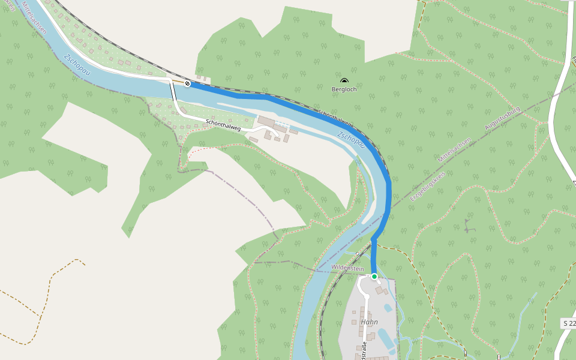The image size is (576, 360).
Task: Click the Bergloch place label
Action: [344, 89]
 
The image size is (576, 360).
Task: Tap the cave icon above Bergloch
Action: [344, 81]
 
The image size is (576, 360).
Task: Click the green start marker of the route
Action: [374, 277]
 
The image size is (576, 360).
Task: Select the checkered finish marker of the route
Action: [188, 83]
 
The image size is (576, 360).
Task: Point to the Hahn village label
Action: [370, 322]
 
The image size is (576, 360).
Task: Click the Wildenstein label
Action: [348, 268]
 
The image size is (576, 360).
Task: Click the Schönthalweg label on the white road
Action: [223, 125]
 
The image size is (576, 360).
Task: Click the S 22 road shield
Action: [569, 323]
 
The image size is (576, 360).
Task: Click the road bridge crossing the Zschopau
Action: [172, 90]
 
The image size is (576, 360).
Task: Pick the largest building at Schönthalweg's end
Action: [266, 122]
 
